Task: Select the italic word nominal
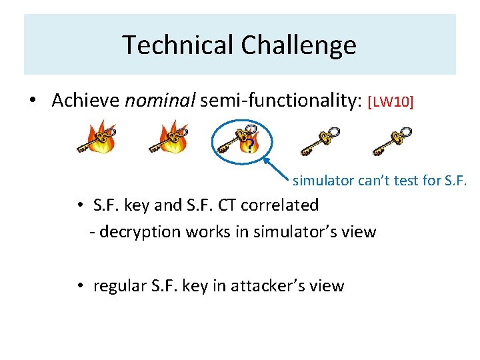160,101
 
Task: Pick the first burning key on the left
97,139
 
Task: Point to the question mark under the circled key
249,146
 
